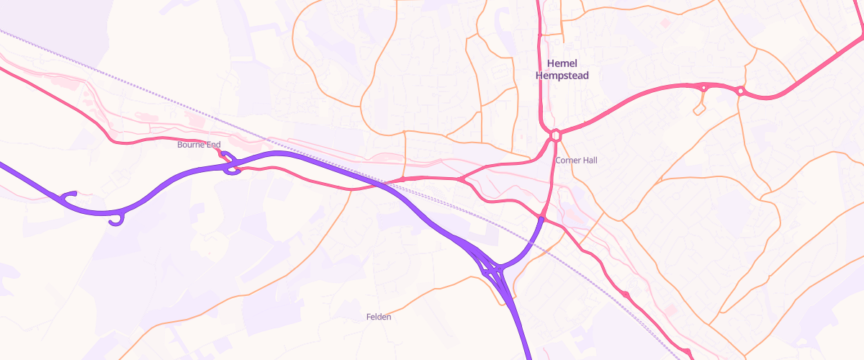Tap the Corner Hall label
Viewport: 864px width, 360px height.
point(576,160)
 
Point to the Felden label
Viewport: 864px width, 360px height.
point(379,317)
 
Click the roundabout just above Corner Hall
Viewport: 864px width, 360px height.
point(555,135)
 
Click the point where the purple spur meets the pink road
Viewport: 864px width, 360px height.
point(541,217)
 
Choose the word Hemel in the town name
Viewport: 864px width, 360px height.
point(562,63)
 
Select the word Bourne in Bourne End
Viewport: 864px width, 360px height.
point(191,145)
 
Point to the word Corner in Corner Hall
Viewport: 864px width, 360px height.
point(568,160)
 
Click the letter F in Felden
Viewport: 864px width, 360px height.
point(369,317)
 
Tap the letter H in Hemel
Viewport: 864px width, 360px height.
point(551,63)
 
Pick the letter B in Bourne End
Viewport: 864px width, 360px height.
point(180,145)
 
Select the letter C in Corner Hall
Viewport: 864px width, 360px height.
point(557,160)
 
